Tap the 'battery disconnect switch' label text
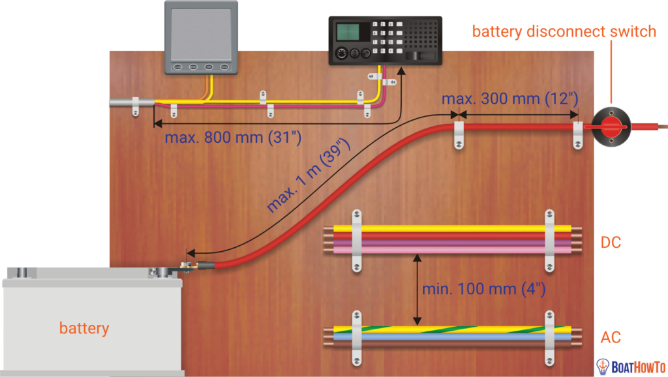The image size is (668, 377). (564, 31)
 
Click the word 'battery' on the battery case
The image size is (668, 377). (84, 327)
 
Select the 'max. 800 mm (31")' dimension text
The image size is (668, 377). (232, 138)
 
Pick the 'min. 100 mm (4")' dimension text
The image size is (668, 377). (483, 288)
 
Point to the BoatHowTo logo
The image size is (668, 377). (630, 367)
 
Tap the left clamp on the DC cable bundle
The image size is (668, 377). (356, 240)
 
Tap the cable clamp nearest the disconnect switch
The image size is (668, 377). (577, 133)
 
